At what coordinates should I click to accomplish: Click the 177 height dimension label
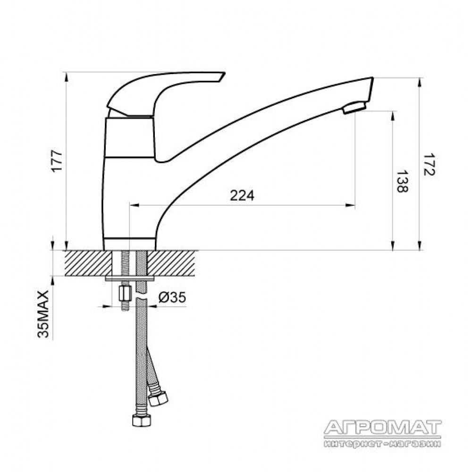pyautogui.click(x=57, y=160)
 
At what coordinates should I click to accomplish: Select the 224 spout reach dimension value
pyautogui.click(x=242, y=196)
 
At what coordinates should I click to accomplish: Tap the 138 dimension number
pyautogui.click(x=402, y=182)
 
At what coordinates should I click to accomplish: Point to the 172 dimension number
pyautogui.click(x=429, y=165)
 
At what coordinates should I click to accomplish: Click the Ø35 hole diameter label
pyautogui.click(x=172, y=298)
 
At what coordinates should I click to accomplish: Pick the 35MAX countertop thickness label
pyautogui.click(x=43, y=314)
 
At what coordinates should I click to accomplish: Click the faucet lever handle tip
pyautogui.click(x=222, y=76)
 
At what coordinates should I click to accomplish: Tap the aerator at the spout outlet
pyautogui.click(x=354, y=108)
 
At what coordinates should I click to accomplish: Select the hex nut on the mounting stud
pyautogui.click(x=125, y=294)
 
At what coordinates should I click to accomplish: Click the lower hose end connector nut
pyautogui.click(x=142, y=420)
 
